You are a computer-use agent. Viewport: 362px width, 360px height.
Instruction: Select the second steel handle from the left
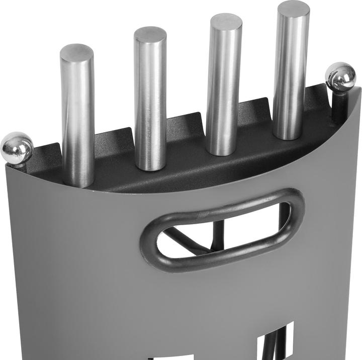point(150,101)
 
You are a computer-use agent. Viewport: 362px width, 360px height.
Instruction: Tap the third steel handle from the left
point(224,85)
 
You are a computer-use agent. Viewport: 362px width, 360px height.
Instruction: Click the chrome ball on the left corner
point(17,147)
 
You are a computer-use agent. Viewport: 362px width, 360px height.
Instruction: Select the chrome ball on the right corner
point(340,76)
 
